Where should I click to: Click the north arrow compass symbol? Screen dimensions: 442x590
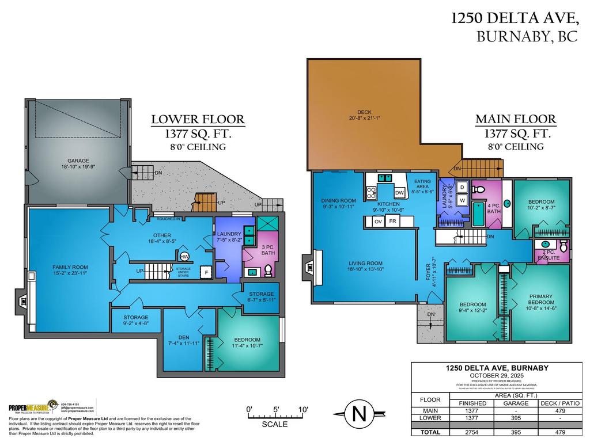pyautogui.click(x=358, y=414)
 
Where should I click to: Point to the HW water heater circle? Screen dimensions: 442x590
pyautogui.click(x=184, y=257)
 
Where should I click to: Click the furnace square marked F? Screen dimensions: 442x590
pyautogui.click(x=205, y=272)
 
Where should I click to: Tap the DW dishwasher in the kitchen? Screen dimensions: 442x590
pyautogui.click(x=399, y=193)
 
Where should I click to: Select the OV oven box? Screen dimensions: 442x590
pyautogui.click(x=378, y=221)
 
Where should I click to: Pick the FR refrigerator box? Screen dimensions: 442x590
pyautogui.click(x=392, y=221)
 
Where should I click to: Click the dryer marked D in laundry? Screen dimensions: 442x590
pyautogui.click(x=462, y=188)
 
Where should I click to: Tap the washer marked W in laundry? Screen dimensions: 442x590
pyautogui.click(x=462, y=200)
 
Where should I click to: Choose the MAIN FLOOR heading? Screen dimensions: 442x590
pyautogui.click(x=515, y=120)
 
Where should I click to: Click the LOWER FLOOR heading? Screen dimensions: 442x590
pyautogui.click(x=198, y=120)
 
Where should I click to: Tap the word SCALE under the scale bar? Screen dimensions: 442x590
pyautogui.click(x=275, y=424)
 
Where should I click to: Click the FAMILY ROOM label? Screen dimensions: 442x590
pyautogui.click(x=70, y=270)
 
